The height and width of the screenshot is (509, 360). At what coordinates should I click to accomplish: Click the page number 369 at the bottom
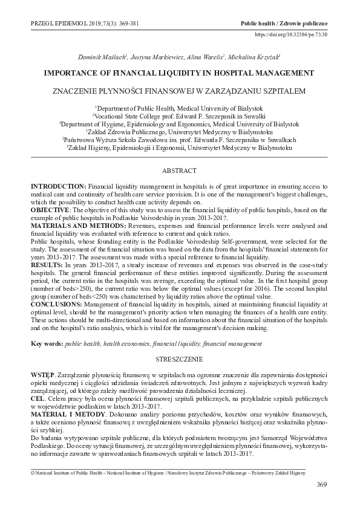322,485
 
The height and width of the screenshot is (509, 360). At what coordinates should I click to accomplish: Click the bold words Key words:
47,343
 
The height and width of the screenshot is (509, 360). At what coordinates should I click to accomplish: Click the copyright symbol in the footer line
33,472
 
